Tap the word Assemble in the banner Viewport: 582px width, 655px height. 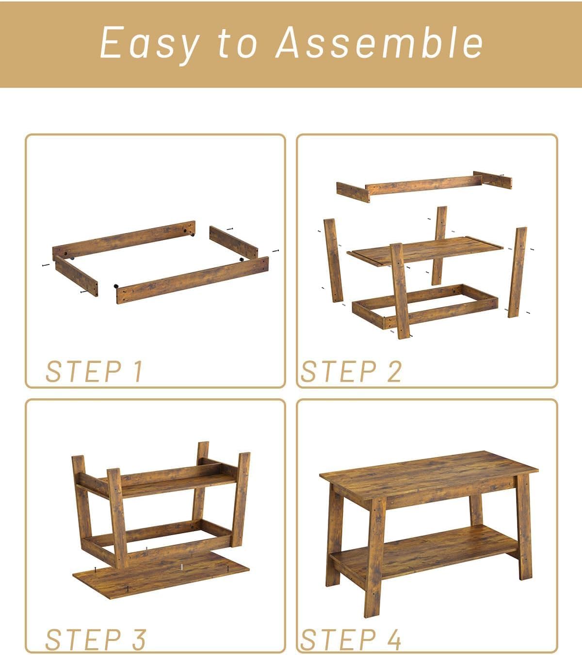379,43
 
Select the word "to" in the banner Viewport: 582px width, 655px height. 238,43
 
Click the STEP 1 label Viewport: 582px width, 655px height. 94,372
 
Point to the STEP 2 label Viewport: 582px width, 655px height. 351,372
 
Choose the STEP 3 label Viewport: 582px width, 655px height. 96,639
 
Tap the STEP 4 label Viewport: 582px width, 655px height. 351,639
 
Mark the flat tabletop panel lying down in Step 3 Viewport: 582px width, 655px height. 161,574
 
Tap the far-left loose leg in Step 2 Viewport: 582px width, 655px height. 334,261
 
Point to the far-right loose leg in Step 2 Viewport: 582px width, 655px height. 517,272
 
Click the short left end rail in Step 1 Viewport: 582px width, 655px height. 76,276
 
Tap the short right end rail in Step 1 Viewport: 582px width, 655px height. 234,242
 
